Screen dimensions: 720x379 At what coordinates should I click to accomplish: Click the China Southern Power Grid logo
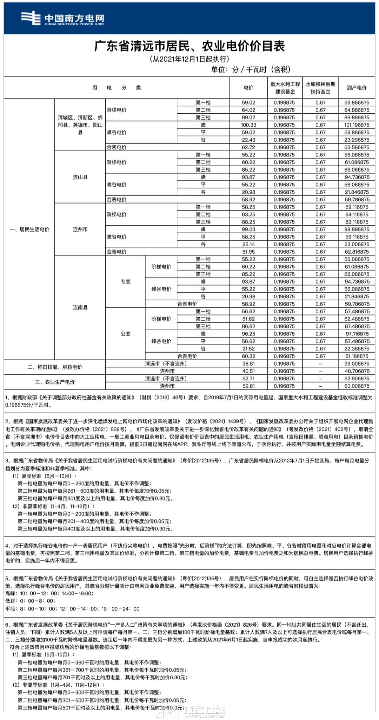tap(62, 18)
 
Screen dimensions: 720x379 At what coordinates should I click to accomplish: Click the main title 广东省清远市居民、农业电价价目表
tap(189, 46)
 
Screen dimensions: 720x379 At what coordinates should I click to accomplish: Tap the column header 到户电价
tap(357, 88)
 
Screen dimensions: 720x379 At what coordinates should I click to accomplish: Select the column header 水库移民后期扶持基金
tap(320, 88)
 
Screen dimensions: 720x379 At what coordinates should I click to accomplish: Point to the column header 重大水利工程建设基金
tap(285, 88)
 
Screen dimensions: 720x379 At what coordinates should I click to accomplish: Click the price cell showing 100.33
tap(248, 125)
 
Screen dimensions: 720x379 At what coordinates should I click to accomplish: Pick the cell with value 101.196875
tap(357, 125)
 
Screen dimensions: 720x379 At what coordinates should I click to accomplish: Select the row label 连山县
tap(80, 177)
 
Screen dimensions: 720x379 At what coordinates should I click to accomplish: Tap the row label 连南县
tap(80, 307)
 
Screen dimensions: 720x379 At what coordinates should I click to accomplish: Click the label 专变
tap(125, 281)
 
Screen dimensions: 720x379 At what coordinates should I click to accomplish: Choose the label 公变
tap(125, 334)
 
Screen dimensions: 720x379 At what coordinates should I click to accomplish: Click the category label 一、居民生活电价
tap(29, 229)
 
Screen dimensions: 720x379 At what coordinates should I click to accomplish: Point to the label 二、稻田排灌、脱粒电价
tap(55, 367)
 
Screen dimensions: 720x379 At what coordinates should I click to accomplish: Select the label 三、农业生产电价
tap(55, 382)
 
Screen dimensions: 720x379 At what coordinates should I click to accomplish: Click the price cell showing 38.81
tap(248, 364)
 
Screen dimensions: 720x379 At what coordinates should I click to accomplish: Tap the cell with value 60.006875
tap(357, 386)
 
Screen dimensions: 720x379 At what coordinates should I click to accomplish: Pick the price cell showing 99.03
tap(248, 229)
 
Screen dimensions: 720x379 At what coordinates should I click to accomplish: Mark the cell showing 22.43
tap(248, 140)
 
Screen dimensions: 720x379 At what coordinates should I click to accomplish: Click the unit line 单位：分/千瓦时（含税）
tap(251, 69)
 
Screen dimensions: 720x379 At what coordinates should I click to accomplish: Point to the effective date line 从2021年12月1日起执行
tap(189, 59)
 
